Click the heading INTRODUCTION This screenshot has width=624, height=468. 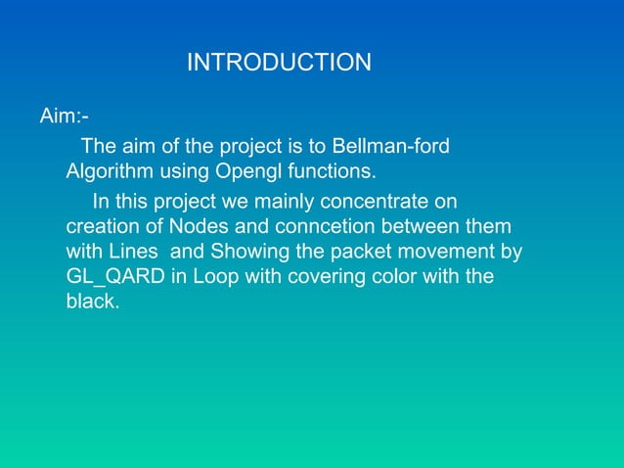tap(279, 64)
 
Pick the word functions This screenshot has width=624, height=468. tap(329, 172)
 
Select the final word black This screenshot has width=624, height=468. tap(91, 303)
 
